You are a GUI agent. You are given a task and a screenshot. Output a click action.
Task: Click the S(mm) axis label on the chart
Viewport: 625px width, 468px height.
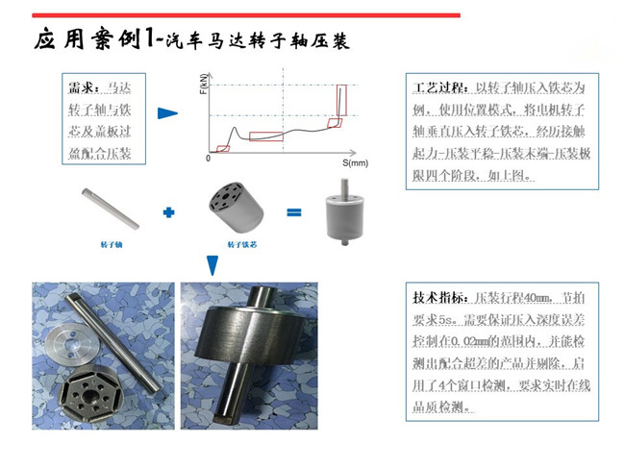point(356,163)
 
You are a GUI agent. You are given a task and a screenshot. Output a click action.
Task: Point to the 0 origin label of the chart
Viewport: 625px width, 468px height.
point(208,159)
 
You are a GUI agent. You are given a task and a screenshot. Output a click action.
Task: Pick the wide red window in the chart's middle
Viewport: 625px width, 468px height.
point(266,135)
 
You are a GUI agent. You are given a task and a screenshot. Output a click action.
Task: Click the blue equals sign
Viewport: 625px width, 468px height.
point(294,211)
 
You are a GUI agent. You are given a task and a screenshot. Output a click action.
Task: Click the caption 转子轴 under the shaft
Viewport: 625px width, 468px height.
point(112,246)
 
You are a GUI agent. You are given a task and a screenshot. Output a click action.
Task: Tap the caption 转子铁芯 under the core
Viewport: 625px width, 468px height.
point(239,246)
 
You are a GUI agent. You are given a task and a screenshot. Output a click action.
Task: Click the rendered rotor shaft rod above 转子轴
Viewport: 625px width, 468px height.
point(111,209)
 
